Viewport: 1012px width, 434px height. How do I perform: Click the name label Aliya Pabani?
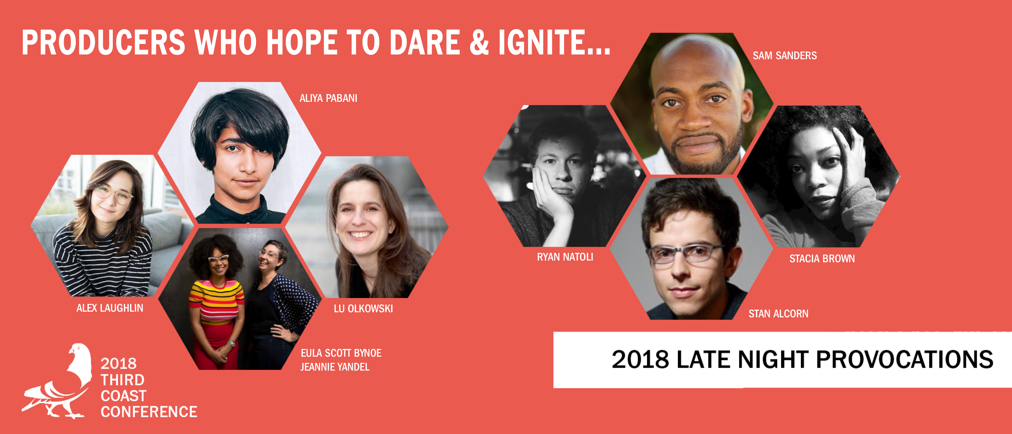click(x=328, y=98)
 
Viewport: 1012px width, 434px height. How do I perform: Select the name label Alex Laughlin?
click(x=110, y=308)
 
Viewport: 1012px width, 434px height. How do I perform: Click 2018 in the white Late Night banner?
click(x=640, y=359)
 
